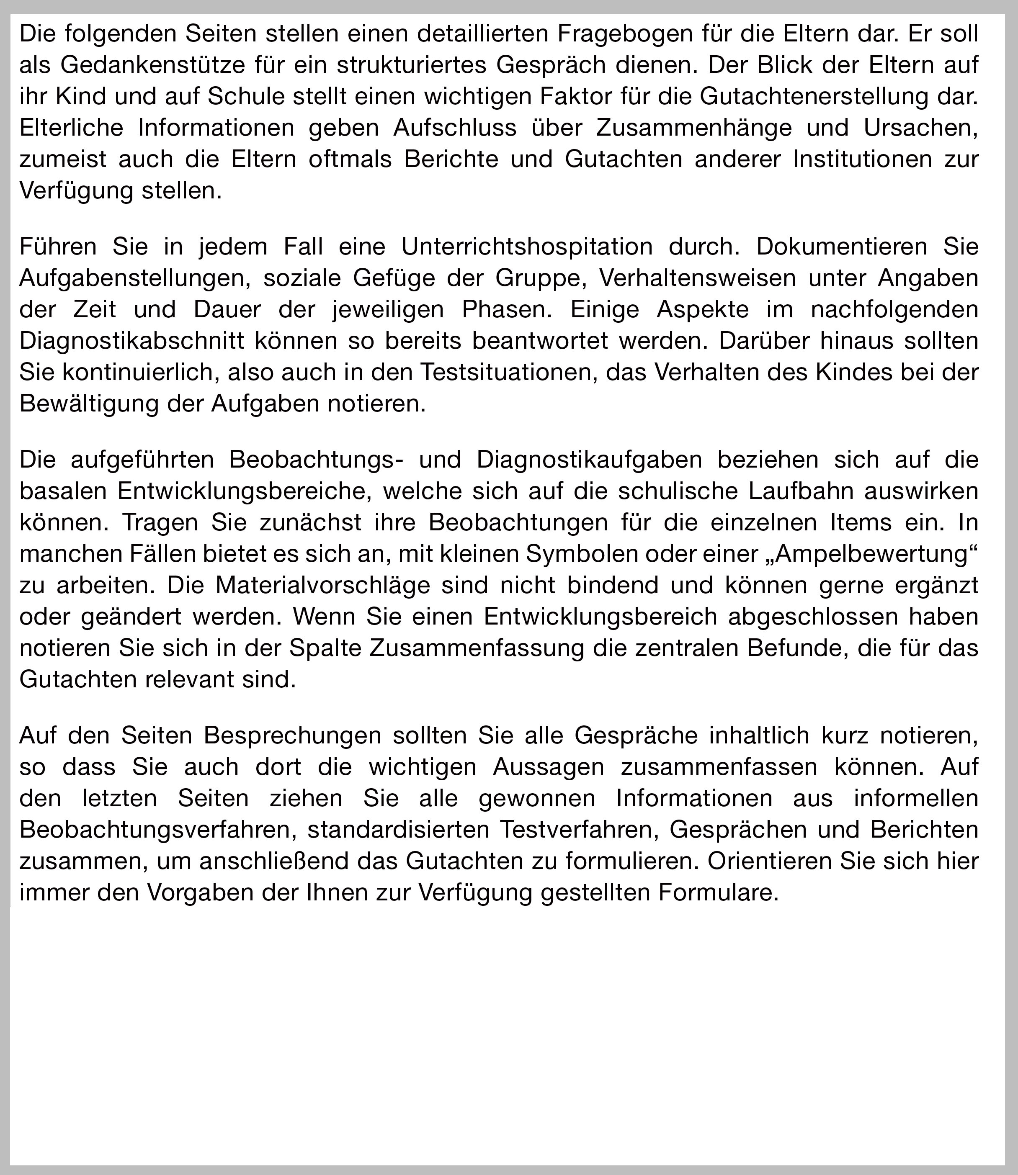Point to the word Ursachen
[921, 127]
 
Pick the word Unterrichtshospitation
[527, 247]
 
